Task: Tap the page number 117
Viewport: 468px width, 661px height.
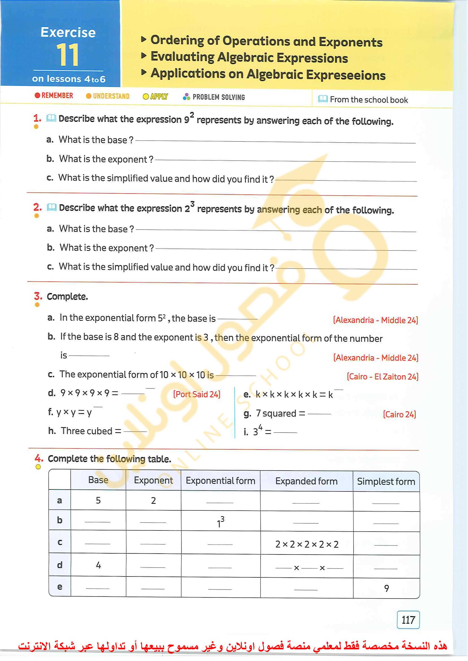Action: pyautogui.click(x=408, y=620)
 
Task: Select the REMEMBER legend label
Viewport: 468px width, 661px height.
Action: pyautogui.click(x=57, y=95)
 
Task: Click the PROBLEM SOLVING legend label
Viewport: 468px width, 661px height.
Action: pyautogui.click(x=218, y=97)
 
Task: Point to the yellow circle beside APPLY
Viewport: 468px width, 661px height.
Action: pyautogui.click(x=146, y=97)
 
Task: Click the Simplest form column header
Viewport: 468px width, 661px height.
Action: pyautogui.click(x=386, y=482)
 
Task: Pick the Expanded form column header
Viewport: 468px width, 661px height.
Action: pyautogui.click(x=306, y=481)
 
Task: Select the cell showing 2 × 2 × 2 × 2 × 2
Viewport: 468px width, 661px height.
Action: pyautogui.click(x=307, y=544)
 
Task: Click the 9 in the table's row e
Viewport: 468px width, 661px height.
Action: pyautogui.click(x=386, y=588)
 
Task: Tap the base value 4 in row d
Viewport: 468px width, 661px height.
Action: pyautogui.click(x=98, y=565)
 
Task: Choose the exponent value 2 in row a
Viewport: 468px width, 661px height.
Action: pyautogui.click(x=153, y=501)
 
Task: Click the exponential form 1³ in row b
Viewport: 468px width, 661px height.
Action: pyautogui.click(x=220, y=522)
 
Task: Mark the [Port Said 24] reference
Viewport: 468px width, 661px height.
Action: pyautogui.click(x=196, y=394)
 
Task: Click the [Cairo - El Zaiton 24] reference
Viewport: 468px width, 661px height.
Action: pyautogui.click(x=382, y=377)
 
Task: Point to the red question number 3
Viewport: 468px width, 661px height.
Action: pyautogui.click(x=38, y=296)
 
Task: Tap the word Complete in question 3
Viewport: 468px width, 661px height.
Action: pyautogui.click(x=67, y=296)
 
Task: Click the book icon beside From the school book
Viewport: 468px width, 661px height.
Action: pyautogui.click(x=323, y=99)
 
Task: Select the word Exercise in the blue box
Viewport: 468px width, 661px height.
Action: pyautogui.click(x=68, y=32)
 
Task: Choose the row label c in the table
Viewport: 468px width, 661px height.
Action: pyautogui.click(x=60, y=542)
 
